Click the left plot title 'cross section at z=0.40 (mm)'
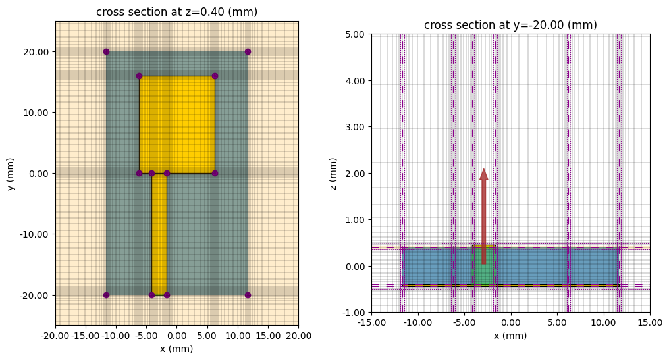(x=176, y=13)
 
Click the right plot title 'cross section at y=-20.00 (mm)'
(x=510, y=26)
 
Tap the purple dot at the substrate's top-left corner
(x=106, y=51)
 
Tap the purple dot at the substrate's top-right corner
(x=248, y=51)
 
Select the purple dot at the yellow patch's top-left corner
(x=139, y=76)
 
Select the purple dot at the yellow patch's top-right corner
(x=215, y=76)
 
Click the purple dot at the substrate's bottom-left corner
(x=106, y=295)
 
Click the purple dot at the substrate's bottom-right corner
(x=248, y=295)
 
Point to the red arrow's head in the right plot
(x=484, y=174)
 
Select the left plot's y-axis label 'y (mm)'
(x=11, y=174)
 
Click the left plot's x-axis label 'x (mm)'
(x=176, y=349)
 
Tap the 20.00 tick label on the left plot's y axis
(x=38, y=52)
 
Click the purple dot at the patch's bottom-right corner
(x=215, y=173)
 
